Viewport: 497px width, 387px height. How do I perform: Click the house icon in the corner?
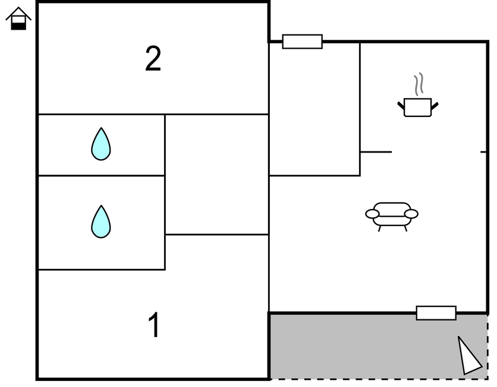coord(18,18)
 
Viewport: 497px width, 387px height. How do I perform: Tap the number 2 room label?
coord(153,59)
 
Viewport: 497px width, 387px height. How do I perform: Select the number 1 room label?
coord(154,325)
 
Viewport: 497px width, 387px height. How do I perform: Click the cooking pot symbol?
coord(417,107)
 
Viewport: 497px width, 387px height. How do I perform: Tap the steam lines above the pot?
coord(419,84)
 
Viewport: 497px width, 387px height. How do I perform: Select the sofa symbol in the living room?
coord(392,215)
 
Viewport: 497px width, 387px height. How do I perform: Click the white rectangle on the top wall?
coord(302,42)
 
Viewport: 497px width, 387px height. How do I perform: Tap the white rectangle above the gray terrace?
coord(436,313)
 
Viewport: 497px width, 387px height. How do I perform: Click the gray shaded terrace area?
coord(357,347)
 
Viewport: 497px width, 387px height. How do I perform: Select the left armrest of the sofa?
coord(373,214)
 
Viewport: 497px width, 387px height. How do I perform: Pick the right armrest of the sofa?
coord(411,214)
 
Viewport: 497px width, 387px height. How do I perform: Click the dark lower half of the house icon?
coord(19,24)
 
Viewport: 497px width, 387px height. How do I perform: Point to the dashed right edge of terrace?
coord(487,347)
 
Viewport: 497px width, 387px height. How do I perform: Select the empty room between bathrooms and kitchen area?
coord(216,175)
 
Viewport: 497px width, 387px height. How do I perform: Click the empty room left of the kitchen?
coord(314,110)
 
